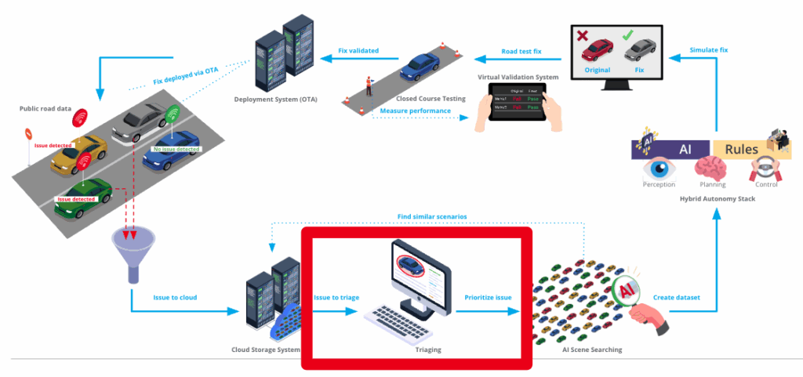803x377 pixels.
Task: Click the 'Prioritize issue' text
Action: (488, 297)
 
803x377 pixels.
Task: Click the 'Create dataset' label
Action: (677, 297)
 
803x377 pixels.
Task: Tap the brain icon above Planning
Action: (713, 169)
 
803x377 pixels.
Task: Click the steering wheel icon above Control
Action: (765, 169)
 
